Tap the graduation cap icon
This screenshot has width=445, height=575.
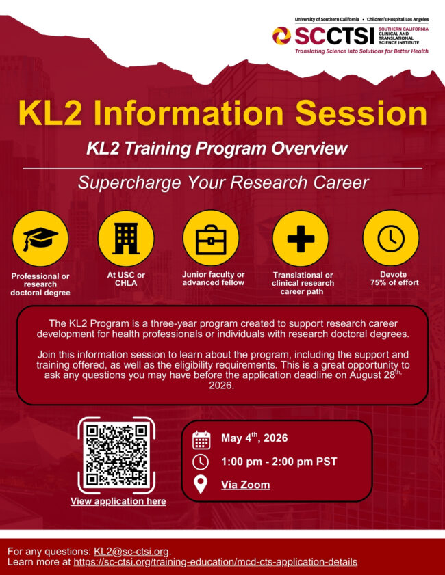(x=40, y=238)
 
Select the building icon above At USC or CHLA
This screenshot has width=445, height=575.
(x=125, y=238)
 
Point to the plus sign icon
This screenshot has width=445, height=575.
(x=301, y=238)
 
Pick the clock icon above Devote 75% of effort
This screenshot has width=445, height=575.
(x=391, y=238)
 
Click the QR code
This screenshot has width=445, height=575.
(x=117, y=454)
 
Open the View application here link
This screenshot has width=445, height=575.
(x=118, y=501)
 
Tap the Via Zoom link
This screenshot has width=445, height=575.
(x=245, y=485)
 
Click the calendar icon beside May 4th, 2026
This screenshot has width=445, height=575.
(x=201, y=439)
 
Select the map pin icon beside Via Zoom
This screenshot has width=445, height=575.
(x=201, y=485)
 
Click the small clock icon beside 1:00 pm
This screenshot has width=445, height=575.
(x=201, y=462)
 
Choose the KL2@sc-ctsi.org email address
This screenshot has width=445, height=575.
(x=131, y=551)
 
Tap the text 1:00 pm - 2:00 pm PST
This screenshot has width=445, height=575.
(x=279, y=462)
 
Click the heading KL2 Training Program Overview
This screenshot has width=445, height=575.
(x=217, y=148)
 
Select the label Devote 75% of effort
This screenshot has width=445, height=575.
(x=390, y=278)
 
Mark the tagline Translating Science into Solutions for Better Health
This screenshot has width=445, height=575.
(x=361, y=51)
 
